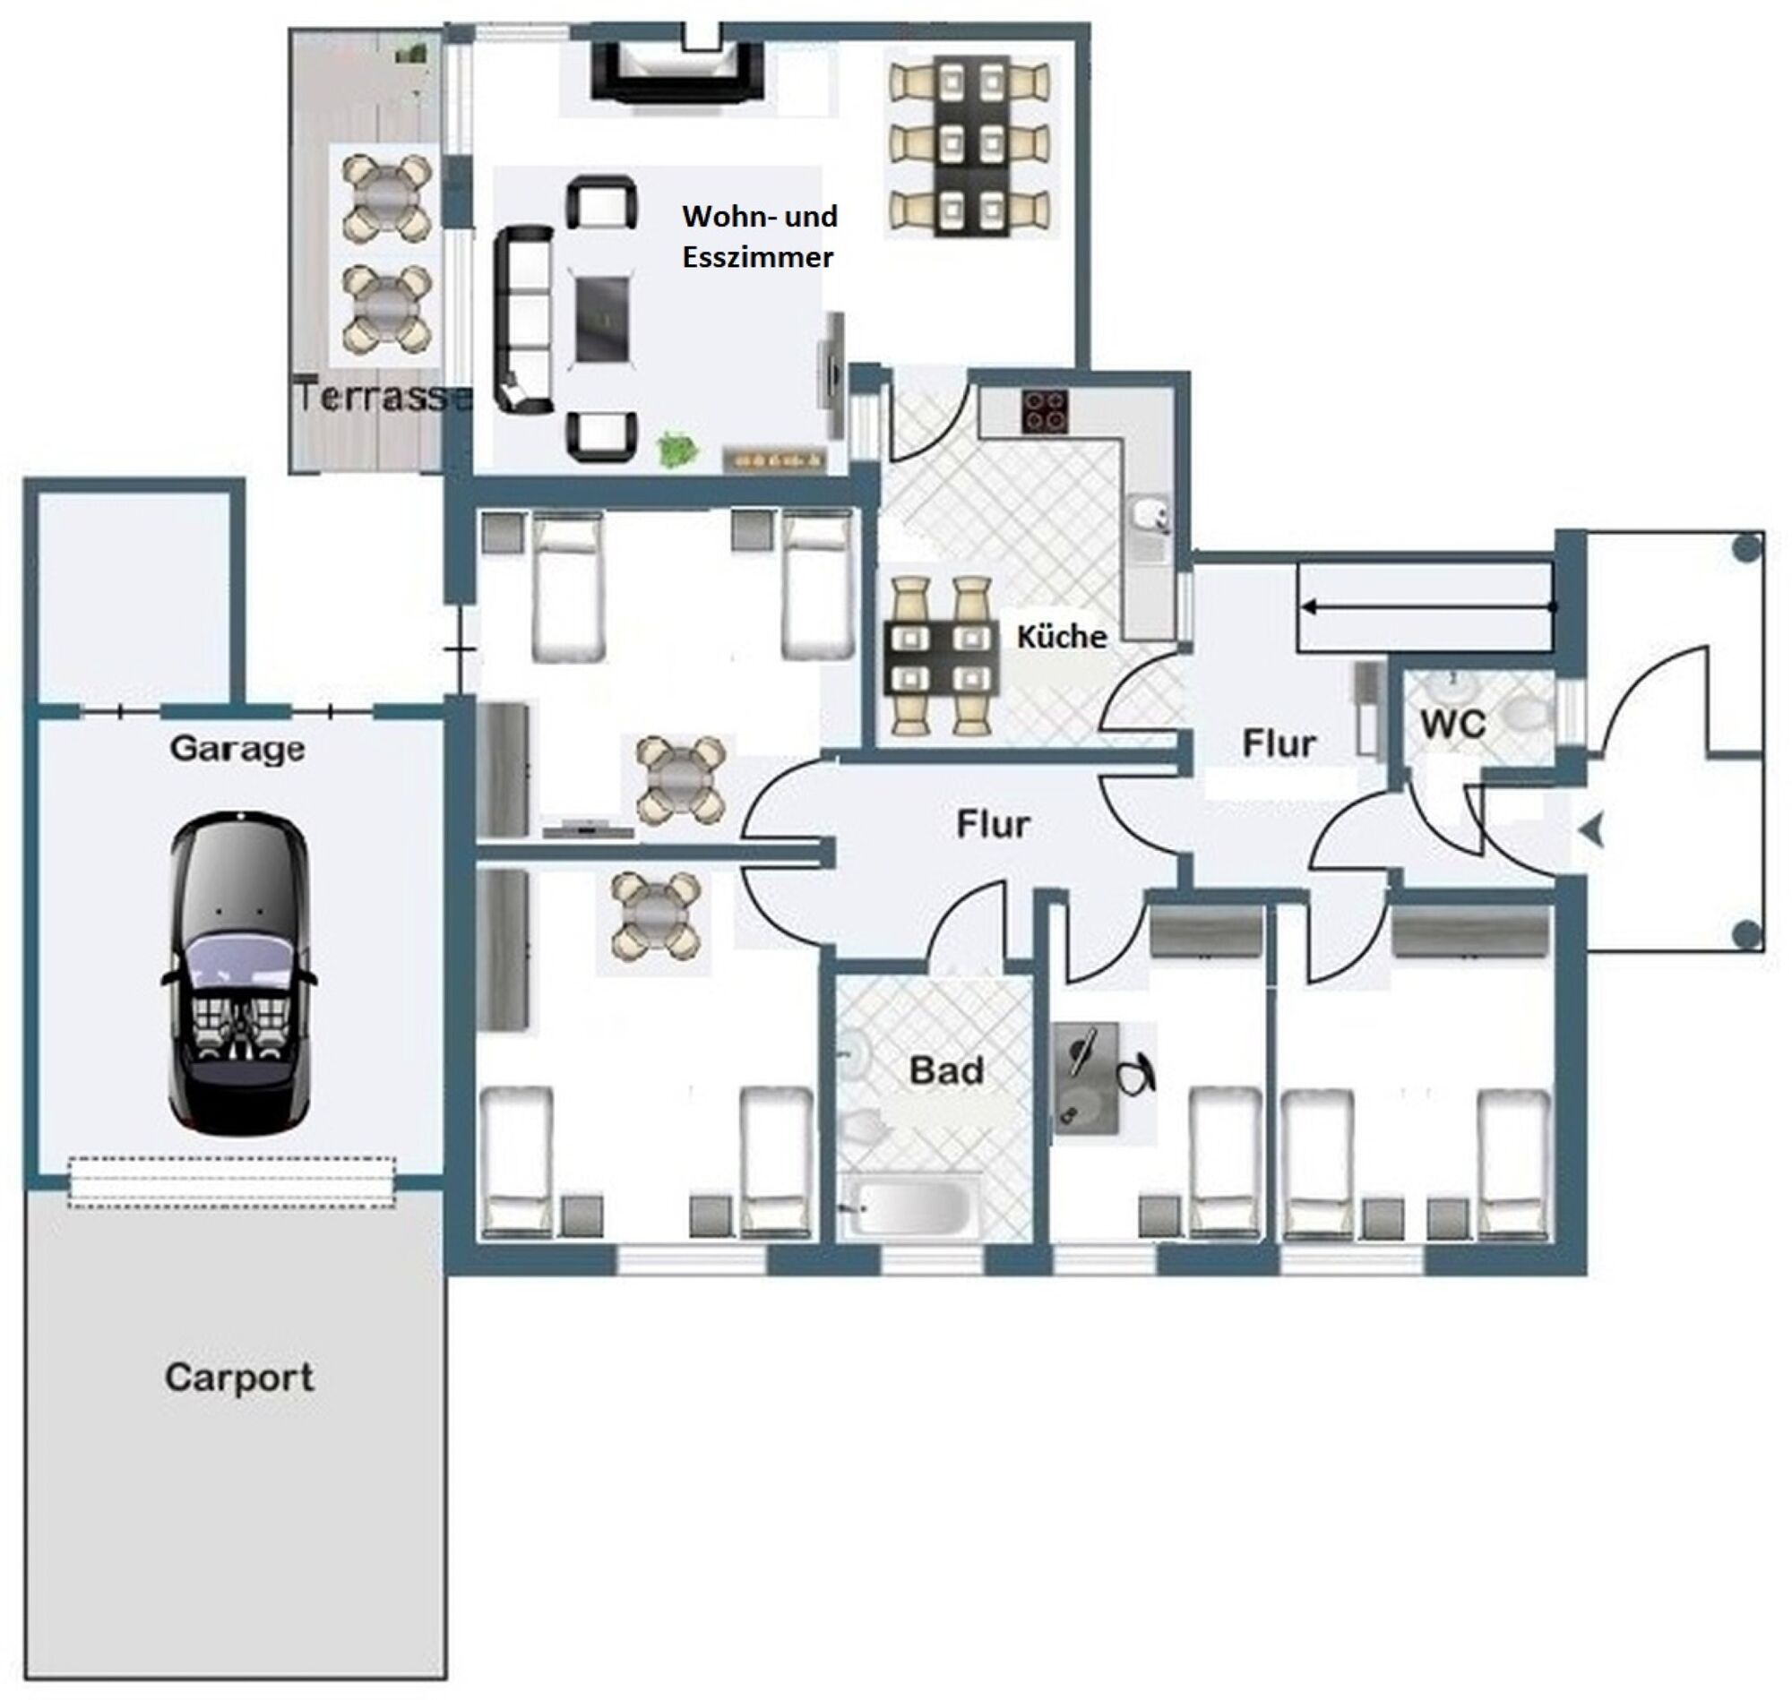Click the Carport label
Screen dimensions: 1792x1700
(239, 1379)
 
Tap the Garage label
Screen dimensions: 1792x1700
(237, 749)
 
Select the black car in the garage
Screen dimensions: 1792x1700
(238, 974)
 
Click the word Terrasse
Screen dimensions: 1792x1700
(383, 397)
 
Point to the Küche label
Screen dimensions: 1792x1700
(1062, 636)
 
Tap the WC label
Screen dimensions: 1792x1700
(1453, 724)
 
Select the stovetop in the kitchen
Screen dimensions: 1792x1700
(1045, 410)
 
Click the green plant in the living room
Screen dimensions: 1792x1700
(677, 450)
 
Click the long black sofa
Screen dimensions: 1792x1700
(523, 320)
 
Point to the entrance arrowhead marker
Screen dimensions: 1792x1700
(1592, 830)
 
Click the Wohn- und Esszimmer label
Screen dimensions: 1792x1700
(760, 236)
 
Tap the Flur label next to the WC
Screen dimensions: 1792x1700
(1279, 744)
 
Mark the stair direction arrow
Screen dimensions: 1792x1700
(1427, 606)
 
